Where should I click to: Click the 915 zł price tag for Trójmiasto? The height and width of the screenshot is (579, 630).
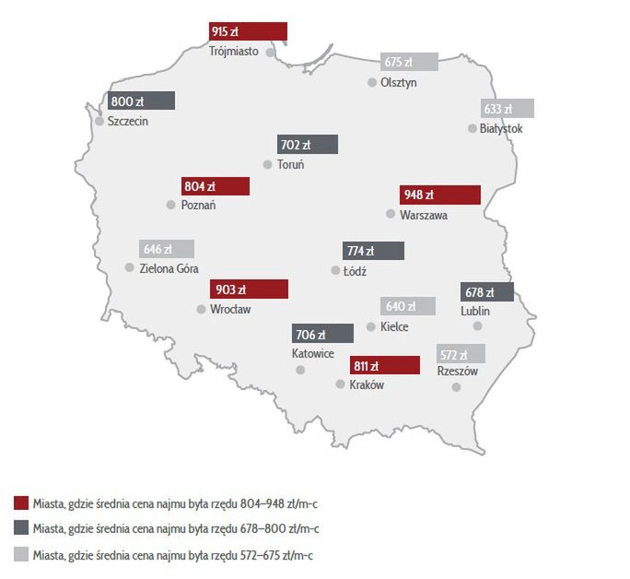(x=248, y=32)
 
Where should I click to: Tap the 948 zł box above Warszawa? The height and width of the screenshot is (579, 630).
(x=440, y=195)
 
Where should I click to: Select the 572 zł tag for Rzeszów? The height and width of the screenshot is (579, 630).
(x=461, y=354)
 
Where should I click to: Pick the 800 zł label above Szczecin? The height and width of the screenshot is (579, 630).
(x=141, y=101)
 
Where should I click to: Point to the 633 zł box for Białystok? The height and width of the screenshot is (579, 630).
(x=507, y=109)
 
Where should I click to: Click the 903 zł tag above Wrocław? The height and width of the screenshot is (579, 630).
(x=249, y=289)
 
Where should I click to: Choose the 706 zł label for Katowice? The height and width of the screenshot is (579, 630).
(x=322, y=334)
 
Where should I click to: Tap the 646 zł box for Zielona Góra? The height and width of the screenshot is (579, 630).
(x=167, y=249)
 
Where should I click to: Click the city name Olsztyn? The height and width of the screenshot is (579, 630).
(x=399, y=82)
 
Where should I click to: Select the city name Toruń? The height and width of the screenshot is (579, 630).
(x=290, y=165)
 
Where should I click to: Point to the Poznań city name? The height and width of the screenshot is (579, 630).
(x=197, y=205)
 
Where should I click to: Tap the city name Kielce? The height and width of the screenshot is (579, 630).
(x=394, y=326)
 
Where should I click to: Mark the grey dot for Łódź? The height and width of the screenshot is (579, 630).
(x=335, y=271)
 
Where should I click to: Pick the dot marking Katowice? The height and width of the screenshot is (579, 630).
(x=300, y=370)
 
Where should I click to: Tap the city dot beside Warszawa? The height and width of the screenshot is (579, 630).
(x=391, y=214)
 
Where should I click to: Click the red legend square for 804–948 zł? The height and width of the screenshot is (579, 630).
(x=21, y=503)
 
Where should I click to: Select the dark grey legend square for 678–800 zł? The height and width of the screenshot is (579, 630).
(x=21, y=529)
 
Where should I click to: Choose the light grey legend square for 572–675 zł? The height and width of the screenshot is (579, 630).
(x=21, y=555)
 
